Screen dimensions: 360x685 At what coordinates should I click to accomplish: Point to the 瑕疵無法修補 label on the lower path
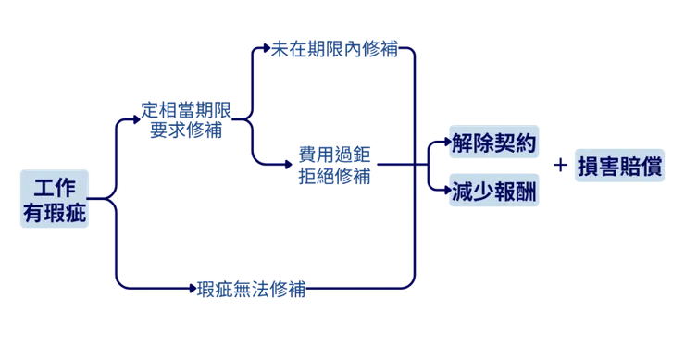tap(254, 289)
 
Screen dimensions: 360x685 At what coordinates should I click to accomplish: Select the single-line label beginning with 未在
tap(334, 48)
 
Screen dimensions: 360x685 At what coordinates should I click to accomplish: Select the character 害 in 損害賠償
tap(607, 167)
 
